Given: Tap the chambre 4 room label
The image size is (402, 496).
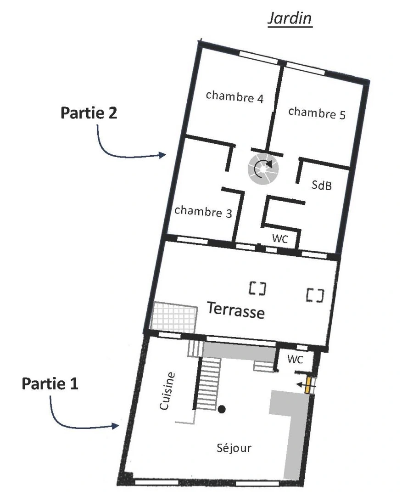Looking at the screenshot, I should [234, 96].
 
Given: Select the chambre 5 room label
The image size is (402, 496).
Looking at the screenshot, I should [317, 113].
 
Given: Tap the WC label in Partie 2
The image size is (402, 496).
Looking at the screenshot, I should [280, 239].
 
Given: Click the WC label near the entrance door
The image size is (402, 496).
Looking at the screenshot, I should [295, 360].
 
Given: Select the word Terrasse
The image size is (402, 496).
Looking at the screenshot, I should [236, 310].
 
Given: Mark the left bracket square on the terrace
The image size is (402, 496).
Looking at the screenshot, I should [257, 288].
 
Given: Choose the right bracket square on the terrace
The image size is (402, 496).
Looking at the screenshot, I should [315, 294].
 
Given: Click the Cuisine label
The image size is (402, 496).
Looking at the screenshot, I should [167, 391].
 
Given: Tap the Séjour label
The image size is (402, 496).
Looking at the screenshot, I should [234, 448].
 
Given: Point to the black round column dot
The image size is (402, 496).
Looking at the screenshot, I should [222, 409].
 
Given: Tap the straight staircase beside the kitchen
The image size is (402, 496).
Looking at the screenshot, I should [209, 384].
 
